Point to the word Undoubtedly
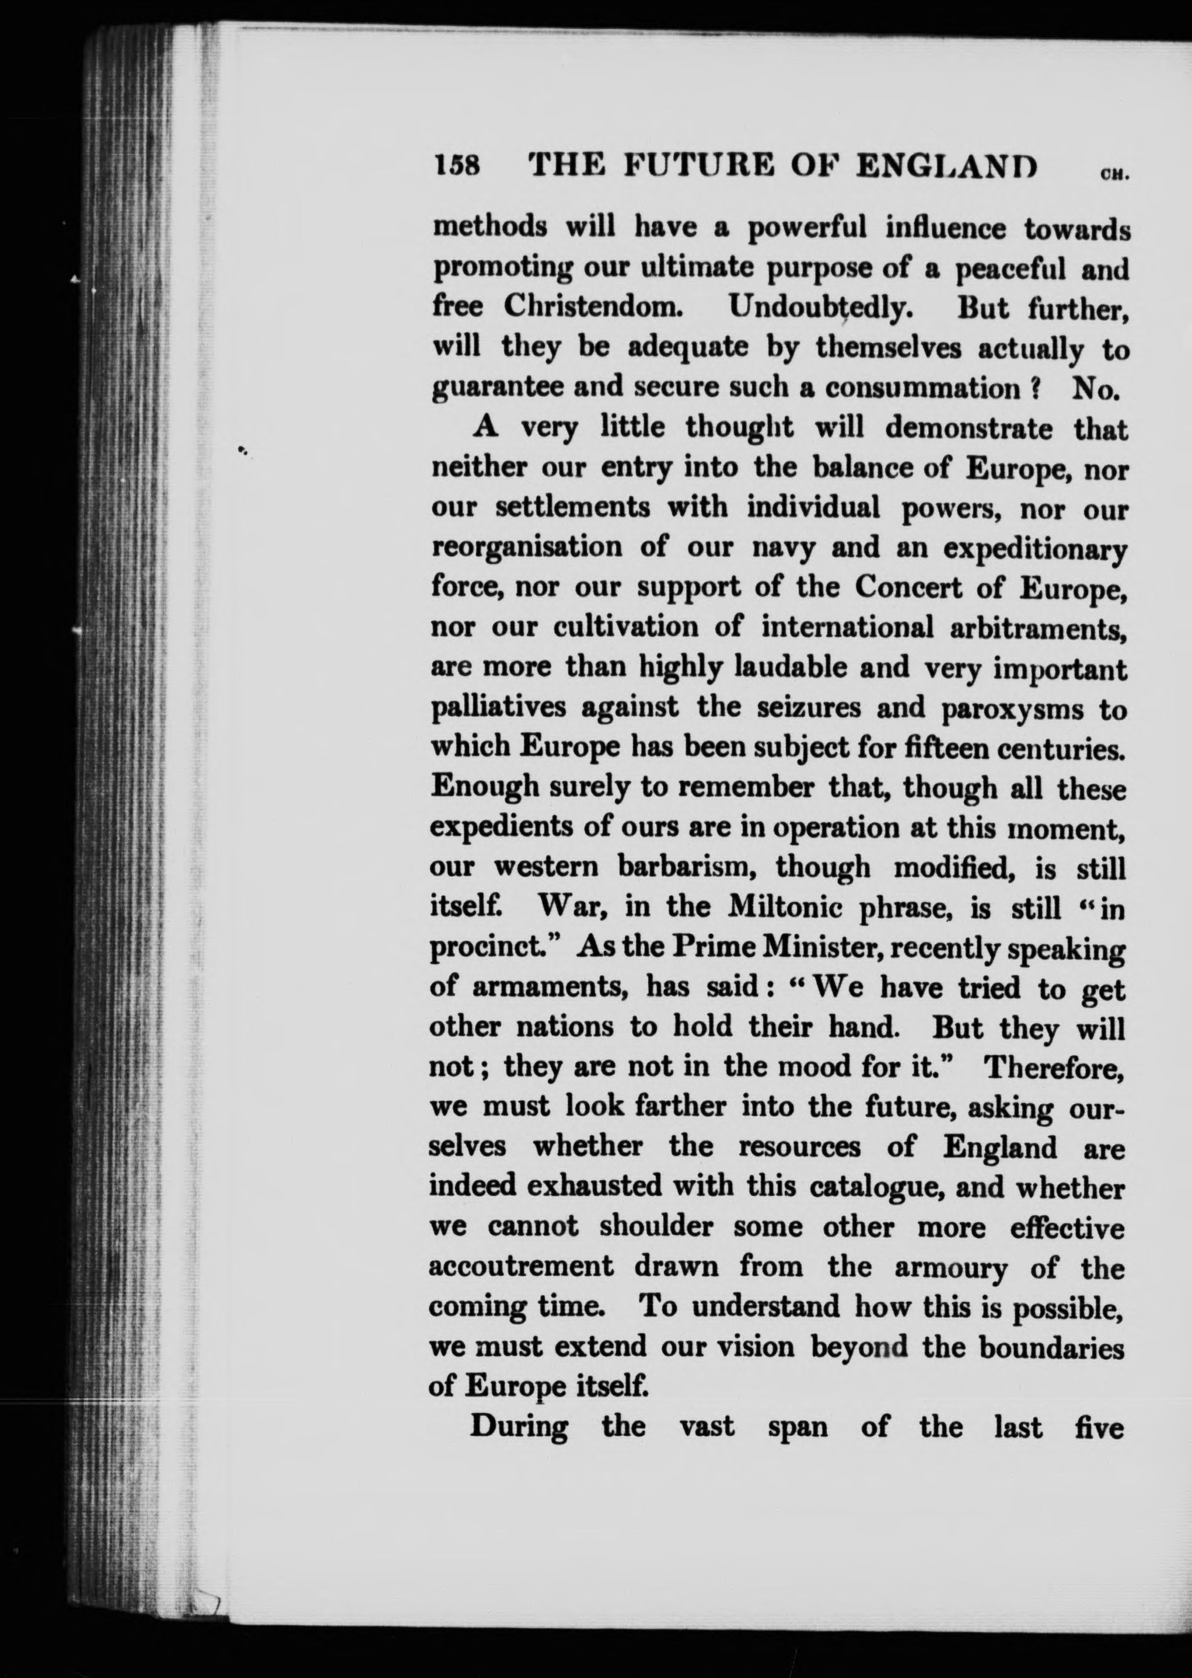pyautogui.click(x=820, y=308)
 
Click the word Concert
pyautogui.click(x=908, y=587)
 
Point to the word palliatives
pyautogui.click(x=498, y=709)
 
